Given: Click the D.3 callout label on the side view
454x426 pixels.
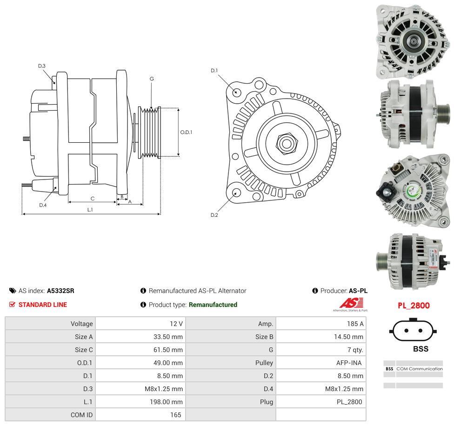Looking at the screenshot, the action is point(42,66).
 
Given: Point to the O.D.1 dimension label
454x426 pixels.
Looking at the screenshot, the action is point(186,132).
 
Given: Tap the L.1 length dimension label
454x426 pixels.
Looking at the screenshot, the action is point(90,210).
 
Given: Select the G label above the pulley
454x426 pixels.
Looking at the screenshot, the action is point(152,79).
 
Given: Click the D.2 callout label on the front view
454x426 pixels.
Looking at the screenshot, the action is point(214,215).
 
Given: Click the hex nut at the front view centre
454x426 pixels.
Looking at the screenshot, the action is point(287,143).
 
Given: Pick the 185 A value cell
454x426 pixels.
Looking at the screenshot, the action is point(355,324).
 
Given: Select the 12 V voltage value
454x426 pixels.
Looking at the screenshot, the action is point(176,324).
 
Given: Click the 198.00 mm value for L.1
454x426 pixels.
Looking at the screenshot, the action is point(166,402).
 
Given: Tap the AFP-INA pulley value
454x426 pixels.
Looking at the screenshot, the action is point(349,363).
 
